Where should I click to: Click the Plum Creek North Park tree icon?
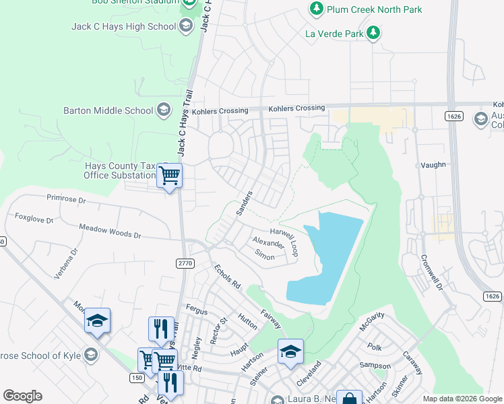coord(317,9)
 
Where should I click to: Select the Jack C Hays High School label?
coord(123,26)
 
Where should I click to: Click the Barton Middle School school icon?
coord(163,110)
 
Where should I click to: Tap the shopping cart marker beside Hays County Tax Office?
coord(169,176)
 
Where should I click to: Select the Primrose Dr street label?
coord(67,199)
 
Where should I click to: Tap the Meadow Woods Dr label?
coord(110,232)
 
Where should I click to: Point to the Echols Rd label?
coord(227,276)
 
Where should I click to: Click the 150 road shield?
coord(137,378)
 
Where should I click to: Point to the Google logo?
coord(22,396)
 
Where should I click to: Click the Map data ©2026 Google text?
coord(462,399)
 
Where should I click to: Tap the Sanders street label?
coord(244,203)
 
